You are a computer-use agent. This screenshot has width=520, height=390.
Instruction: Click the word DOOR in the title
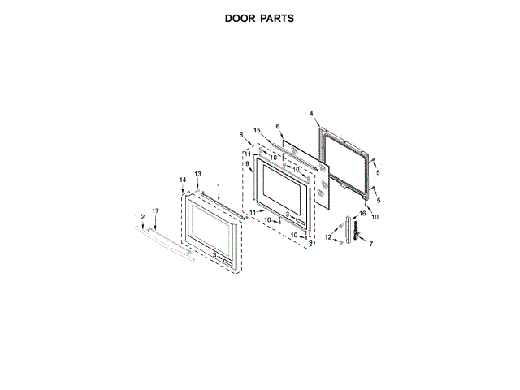tap(241, 17)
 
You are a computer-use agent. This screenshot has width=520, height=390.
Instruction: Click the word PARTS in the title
tap(277, 17)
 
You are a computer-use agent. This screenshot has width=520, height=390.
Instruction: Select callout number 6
tap(277, 127)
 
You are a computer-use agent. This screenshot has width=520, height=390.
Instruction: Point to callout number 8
tap(241, 134)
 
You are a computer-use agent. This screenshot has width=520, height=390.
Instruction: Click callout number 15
tap(257, 131)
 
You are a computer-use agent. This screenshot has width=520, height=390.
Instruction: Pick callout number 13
tap(197, 175)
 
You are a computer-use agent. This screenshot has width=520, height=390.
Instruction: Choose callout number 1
tap(218, 188)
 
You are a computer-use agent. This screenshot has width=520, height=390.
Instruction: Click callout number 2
tap(143, 216)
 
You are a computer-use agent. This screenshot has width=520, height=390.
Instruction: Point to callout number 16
tap(363, 213)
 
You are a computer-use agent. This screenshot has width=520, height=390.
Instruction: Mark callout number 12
tap(328, 237)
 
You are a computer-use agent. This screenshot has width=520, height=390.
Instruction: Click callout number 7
tap(371, 244)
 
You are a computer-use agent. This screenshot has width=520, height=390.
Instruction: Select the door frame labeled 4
tap(348, 161)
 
